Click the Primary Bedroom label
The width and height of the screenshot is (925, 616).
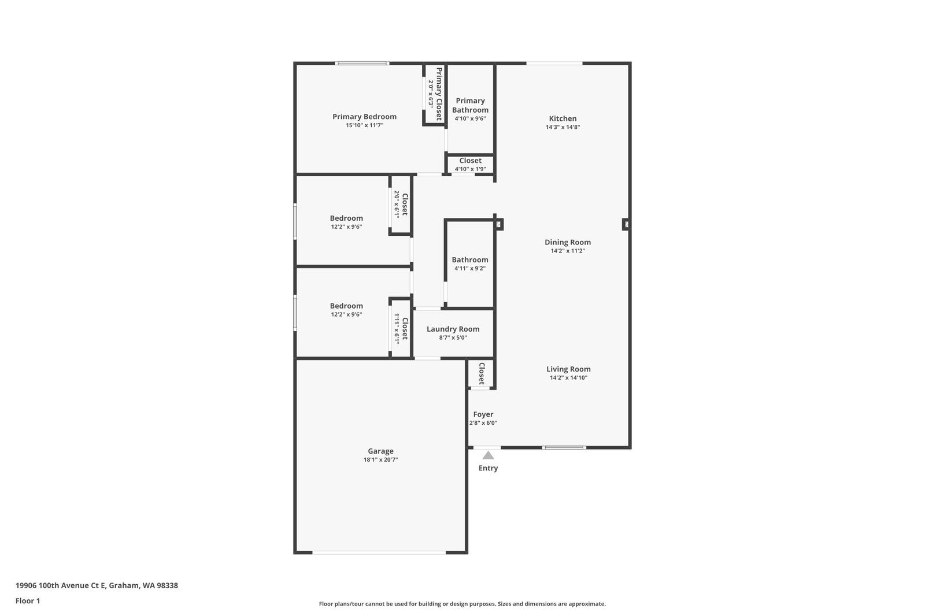[x=364, y=116]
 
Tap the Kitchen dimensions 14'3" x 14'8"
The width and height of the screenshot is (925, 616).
[x=563, y=127]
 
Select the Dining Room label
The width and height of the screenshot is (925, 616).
[x=567, y=242]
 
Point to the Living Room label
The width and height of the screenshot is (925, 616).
[x=568, y=369]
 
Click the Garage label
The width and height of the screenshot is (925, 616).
[x=380, y=451]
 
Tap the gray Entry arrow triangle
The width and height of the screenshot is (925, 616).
[x=488, y=455]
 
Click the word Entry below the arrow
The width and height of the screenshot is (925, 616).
[x=488, y=468]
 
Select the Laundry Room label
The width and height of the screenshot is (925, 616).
[x=453, y=329]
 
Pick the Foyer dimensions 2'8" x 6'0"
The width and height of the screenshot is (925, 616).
[x=483, y=423]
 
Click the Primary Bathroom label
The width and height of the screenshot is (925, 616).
[x=470, y=105]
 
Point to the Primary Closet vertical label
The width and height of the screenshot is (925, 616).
[x=439, y=94]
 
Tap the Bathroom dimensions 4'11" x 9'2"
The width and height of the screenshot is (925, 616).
[x=469, y=268]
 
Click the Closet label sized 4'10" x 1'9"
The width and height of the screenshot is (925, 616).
[x=470, y=161]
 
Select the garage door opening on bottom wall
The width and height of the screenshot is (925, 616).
[x=379, y=552]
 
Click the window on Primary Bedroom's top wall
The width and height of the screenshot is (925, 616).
[x=362, y=63]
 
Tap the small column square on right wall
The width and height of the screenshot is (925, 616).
[x=626, y=224]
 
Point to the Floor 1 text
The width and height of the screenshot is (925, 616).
[x=28, y=601]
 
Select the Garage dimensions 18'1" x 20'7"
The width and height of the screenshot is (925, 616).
[x=380, y=460]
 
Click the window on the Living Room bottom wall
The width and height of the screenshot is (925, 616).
[x=564, y=447]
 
